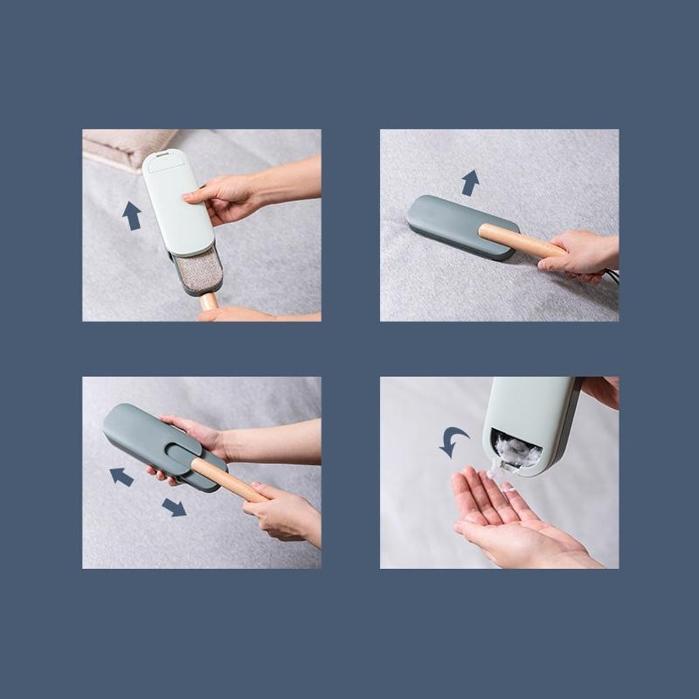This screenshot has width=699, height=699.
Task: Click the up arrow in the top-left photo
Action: [x=131, y=215]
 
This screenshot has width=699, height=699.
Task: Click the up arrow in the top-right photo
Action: [x=470, y=183]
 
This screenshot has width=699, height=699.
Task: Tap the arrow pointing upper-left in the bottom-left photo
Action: [x=122, y=477]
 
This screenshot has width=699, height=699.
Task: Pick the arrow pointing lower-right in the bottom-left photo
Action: [x=174, y=507]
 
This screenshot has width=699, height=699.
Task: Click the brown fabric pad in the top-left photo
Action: [x=197, y=269]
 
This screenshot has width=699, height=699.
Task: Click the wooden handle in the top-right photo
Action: [x=517, y=240]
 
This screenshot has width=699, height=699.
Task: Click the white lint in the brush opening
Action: [x=517, y=451]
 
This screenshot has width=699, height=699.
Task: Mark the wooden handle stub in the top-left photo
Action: [x=208, y=301]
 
